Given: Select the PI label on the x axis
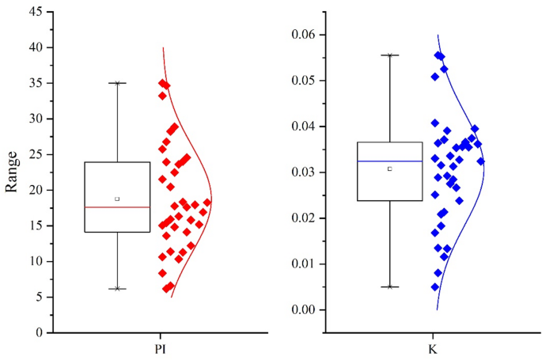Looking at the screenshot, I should click(x=161, y=348).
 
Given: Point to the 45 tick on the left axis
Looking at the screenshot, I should click(x=36, y=12).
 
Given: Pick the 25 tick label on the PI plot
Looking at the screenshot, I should click(x=36, y=154).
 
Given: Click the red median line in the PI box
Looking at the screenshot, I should click(x=117, y=207).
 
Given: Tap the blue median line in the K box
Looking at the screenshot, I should click(x=389, y=161).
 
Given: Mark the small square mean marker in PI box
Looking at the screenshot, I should click(x=117, y=199).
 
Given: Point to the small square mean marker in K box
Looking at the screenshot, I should click(x=389, y=169).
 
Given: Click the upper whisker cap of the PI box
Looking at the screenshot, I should click(x=117, y=83).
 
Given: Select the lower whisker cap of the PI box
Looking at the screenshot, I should click(x=117, y=289).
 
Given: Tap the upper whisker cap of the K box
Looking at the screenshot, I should click(x=389, y=55).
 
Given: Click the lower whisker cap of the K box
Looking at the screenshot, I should click(x=389, y=286).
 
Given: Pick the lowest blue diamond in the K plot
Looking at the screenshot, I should click(x=435, y=286).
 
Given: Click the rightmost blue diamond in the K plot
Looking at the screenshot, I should click(x=481, y=161).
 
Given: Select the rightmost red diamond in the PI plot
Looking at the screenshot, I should click(x=207, y=203).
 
